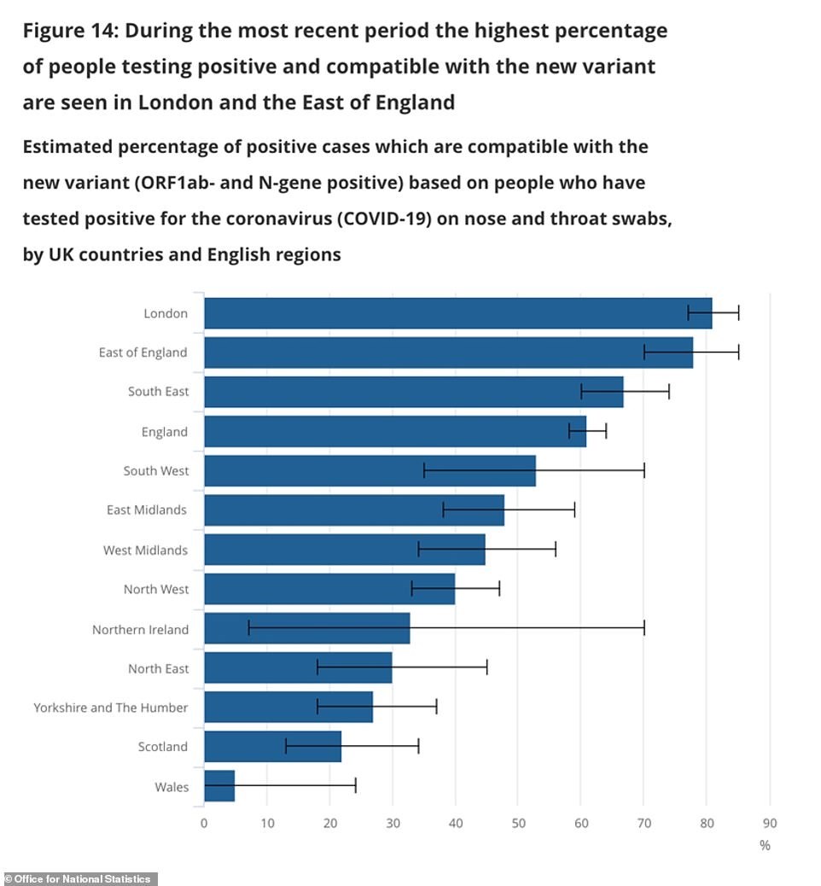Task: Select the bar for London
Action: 457,313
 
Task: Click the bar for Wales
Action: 219,786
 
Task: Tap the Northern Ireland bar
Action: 307,629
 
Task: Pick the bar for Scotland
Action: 272,747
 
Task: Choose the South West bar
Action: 370,470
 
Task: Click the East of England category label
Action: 143,353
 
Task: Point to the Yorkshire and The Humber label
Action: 110,708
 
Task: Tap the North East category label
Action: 158,668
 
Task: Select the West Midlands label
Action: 145,551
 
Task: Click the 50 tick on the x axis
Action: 518,823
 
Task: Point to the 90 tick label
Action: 770,823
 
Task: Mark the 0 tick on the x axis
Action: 204,823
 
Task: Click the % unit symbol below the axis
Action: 765,845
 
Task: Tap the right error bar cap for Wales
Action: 355,786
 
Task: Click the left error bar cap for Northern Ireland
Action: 248,629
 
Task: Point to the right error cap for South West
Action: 643,470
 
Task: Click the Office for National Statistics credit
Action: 79,879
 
